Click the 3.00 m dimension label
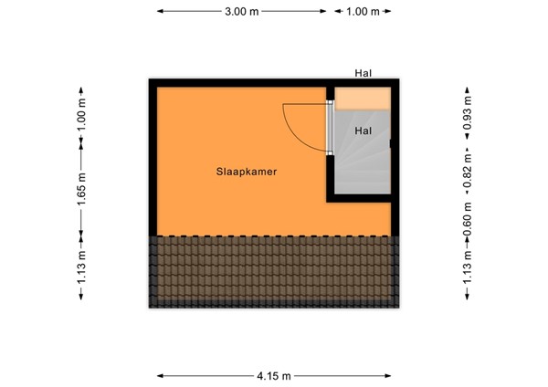pos(241,12)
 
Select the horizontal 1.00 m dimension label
pos(363,12)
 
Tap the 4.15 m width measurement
pos(274,375)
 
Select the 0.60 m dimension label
pos(467,219)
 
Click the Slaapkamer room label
pos(247,171)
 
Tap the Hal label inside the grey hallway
pos(363,131)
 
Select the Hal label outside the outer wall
pos(364,73)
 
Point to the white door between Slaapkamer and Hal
pos(330,128)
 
